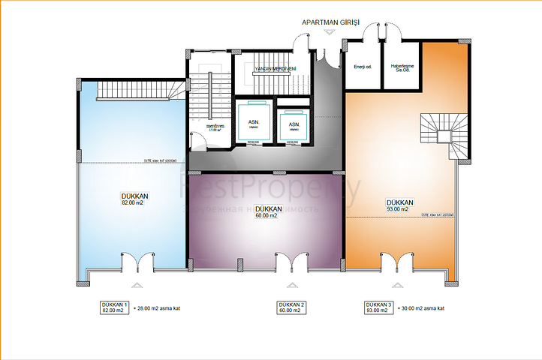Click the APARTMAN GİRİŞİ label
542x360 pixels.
[x=330, y=22]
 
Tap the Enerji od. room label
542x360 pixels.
[x=363, y=67]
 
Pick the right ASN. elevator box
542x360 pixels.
[x=294, y=124]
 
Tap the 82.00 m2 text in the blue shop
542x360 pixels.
[x=132, y=202]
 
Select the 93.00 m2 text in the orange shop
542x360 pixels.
[x=397, y=209]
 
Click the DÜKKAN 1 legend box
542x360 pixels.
[x=112, y=307]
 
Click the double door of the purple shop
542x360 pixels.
[x=290, y=262]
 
